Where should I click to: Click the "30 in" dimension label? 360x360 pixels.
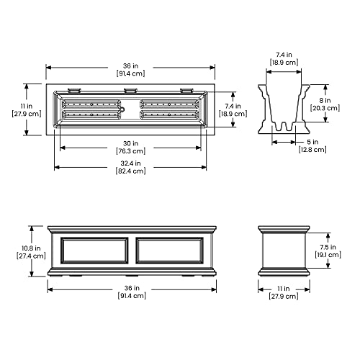131,142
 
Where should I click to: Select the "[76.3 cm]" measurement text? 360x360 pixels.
131,151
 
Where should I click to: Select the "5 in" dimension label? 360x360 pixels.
310,140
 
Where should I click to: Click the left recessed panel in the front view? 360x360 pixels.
98,251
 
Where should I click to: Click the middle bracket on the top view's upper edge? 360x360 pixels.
131,90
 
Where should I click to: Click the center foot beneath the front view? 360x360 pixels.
131,274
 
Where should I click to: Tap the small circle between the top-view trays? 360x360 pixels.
122,109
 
